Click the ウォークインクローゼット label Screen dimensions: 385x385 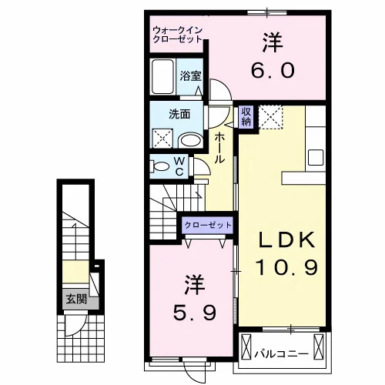(x=177, y=35)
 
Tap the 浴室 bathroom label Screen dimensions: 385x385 (x=190, y=75)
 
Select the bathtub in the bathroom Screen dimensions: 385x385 (x=162, y=76)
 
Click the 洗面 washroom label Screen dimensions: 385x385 (x=179, y=114)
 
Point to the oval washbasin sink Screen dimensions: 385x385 (x=190, y=140)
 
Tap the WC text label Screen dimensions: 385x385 (x=179, y=166)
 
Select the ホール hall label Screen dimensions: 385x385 (x=219, y=148)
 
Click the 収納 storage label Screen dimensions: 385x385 (x=246, y=116)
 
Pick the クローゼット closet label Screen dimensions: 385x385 (x=208, y=226)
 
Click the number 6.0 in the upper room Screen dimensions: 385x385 (x=273, y=71)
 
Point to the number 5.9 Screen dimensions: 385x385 (x=194, y=313)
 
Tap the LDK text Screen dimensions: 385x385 (x=286, y=240)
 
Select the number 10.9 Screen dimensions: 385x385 (x=286, y=267)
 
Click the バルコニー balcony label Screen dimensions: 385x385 (x=281, y=354)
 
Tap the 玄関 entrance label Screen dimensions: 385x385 (x=76, y=300)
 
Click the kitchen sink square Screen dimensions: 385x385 (x=316, y=158)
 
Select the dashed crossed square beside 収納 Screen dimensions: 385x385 (x=270, y=117)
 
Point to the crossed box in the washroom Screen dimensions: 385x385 (x=162, y=139)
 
